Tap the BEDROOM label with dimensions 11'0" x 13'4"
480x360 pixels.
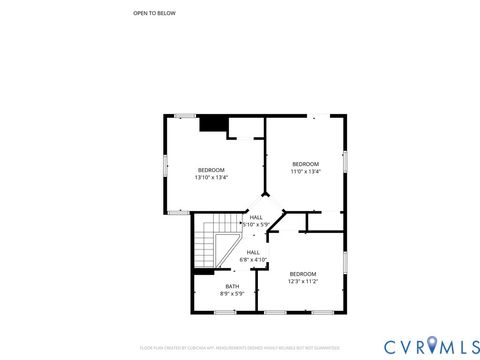point(305,163)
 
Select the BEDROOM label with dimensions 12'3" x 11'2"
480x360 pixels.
point(303,273)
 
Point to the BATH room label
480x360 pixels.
point(232,286)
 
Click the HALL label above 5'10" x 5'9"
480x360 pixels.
point(256,217)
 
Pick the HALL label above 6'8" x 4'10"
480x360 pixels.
point(253,252)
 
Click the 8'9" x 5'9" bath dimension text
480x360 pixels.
point(232,294)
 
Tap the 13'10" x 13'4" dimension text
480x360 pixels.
point(211,177)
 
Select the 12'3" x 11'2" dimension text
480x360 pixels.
point(303,281)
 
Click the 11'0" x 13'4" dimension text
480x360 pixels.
point(305,171)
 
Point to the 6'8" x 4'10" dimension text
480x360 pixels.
point(253,260)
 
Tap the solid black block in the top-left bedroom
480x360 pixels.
point(211,124)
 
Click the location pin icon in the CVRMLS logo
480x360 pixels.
point(431,346)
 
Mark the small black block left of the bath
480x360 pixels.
point(204,271)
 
